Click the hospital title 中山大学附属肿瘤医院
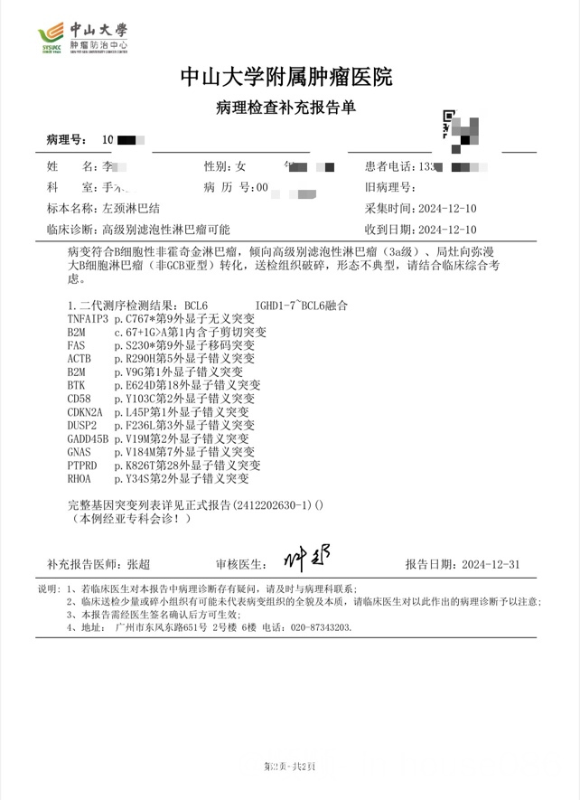coord(286,77)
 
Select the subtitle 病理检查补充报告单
coord(286,108)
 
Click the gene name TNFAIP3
coord(88,320)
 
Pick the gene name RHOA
coord(80,478)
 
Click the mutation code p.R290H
coord(136,360)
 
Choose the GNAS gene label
coord(80,452)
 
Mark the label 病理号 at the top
coord(67,140)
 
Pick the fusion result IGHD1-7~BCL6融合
coord(301,306)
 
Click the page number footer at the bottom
coord(288,767)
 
